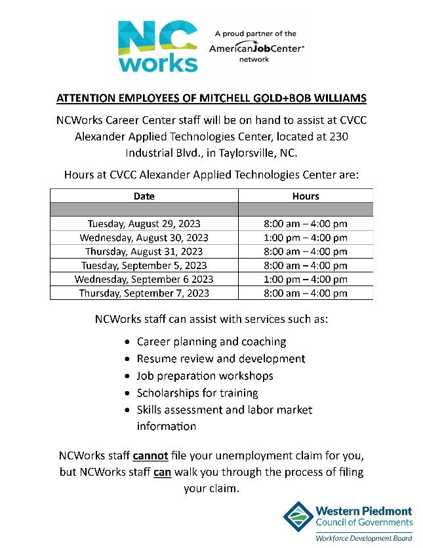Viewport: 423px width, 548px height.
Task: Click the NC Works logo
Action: [x=157, y=45]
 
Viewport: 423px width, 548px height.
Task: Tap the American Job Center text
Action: [x=256, y=49]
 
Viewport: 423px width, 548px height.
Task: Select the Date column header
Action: [x=144, y=196]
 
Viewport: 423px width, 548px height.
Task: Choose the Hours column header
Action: [x=306, y=196]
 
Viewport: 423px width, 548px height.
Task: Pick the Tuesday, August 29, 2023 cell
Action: [x=144, y=224]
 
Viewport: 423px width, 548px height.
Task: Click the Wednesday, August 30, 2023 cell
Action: [x=144, y=238]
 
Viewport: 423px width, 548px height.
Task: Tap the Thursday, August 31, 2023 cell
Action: [x=144, y=251]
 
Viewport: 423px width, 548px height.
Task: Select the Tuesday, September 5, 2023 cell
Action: [x=144, y=266]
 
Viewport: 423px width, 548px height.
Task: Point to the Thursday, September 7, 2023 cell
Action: [x=144, y=293]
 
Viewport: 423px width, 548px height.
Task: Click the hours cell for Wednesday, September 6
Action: [x=306, y=280]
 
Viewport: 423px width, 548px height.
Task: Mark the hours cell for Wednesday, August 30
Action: [x=306, y=238]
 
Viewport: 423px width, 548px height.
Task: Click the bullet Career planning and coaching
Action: [x=211, y=342]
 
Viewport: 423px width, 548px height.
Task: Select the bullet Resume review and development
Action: [x=220, y=359]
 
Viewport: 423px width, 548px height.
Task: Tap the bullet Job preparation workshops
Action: [x=205, y=376]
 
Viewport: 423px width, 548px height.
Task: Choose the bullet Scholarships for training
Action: [x=197, y=393]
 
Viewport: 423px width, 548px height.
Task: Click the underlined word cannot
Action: [x=151, y=455]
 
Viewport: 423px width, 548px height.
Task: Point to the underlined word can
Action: [x=162, y=473]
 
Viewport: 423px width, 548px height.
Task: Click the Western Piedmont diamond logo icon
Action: [x=298, y=517]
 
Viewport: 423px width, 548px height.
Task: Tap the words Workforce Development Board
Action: [x=364, y=537]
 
